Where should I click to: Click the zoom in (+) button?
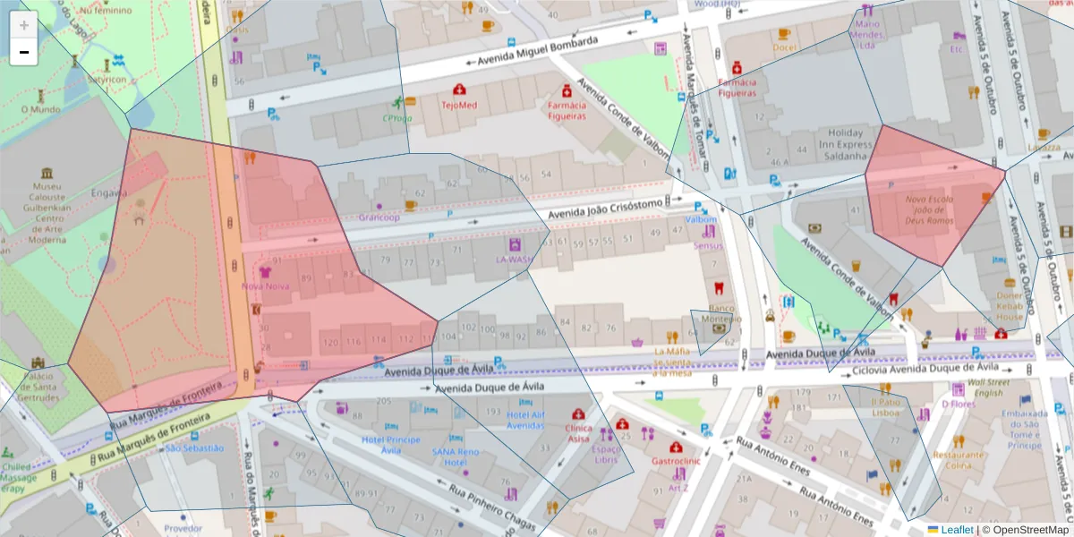(x=24, y=25)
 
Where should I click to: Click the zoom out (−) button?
(x=24, y=52)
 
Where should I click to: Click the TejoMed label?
(x=459, y=105)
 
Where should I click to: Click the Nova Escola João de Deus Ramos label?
(x=929, y=209)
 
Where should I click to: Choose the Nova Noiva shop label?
(x=265, y=286)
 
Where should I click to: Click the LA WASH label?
(x=514, y=260)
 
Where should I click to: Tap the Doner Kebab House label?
(x=1010, y=306)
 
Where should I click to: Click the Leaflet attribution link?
(x=956, y=530)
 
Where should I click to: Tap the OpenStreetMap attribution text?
(x=1025, y=530)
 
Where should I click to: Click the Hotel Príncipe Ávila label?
(x=390, y=445)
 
